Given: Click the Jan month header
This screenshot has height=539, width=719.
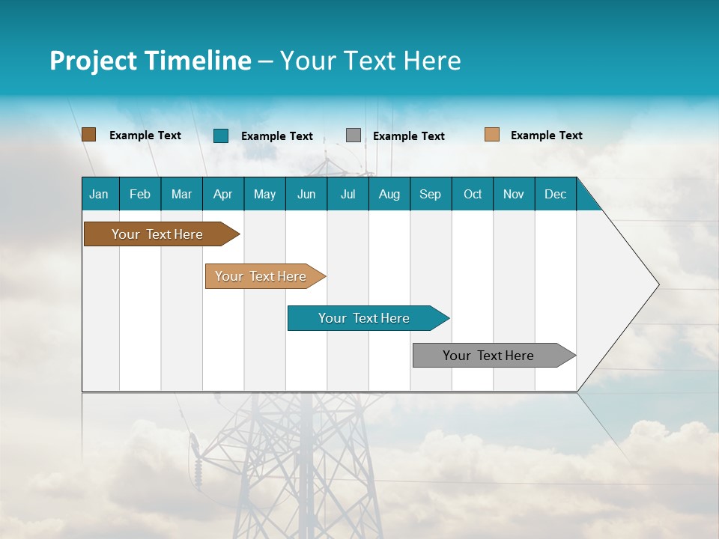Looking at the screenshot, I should [x=99, y=194].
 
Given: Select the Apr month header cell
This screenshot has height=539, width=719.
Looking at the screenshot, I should [x=222, y=194].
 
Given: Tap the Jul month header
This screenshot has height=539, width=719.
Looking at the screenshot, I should [x=348, y=194].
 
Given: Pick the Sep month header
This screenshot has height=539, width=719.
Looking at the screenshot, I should [x=430, y=194].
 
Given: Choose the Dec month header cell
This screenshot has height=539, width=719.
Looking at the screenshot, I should [x=555, y=194].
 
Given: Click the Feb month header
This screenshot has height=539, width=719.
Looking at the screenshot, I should [x=140, y=194].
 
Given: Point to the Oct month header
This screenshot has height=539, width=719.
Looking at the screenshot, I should [x=473, y=194].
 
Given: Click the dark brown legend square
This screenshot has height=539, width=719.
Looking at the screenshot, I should [x=88, y=135].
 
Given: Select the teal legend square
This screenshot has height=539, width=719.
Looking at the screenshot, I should [x=221, y=135].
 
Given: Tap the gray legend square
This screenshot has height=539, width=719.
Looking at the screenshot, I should [x=354, y=135].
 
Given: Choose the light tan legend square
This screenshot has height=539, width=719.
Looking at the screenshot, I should [x=491, y=135].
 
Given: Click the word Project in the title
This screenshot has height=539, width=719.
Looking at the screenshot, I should [x=93, y=61].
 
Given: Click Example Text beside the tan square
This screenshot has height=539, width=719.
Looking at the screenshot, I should [x=546, y=135].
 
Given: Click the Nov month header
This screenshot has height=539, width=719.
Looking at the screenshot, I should [x=514, y=194].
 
